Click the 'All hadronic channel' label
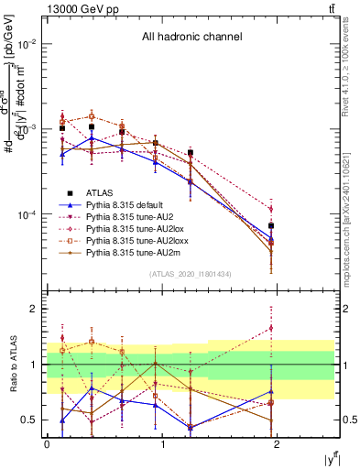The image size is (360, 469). point(191,38)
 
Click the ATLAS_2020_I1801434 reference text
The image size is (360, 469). point(191,275)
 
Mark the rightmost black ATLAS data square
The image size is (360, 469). point(271,225)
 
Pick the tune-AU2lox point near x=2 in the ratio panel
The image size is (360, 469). point(271,327)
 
